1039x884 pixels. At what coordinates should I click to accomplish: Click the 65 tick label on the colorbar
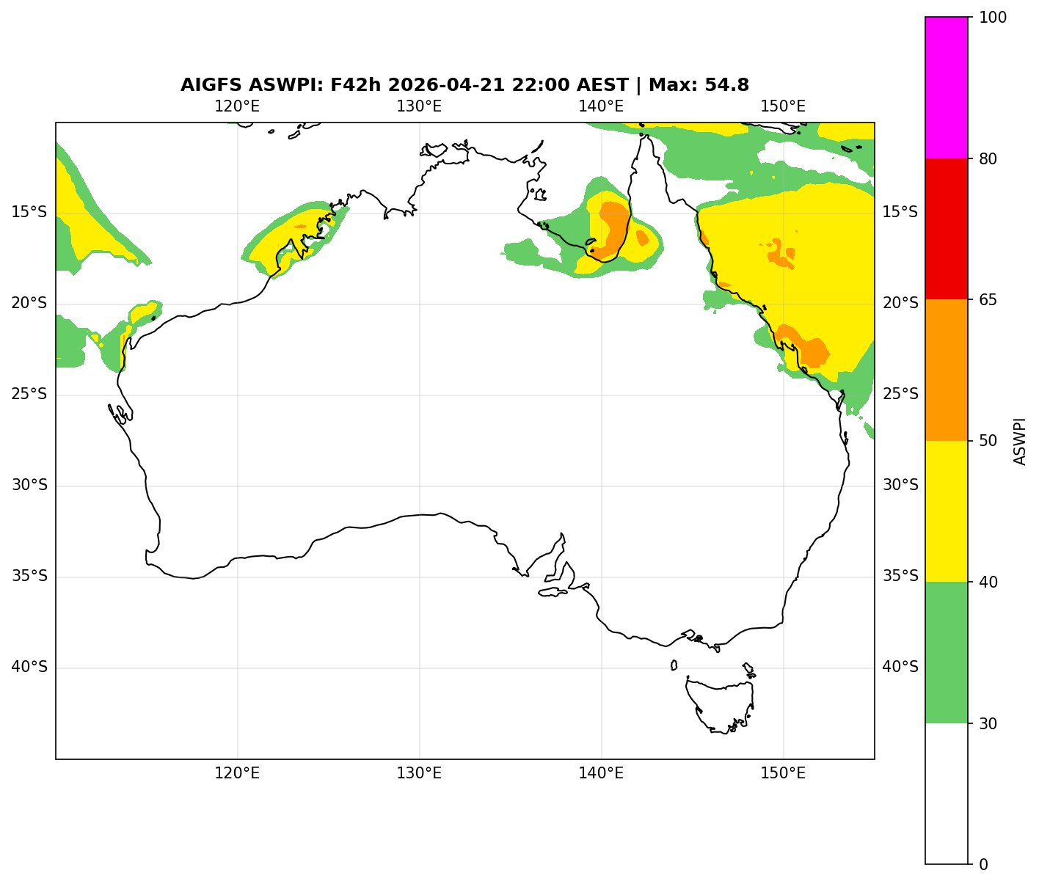coord(988,299)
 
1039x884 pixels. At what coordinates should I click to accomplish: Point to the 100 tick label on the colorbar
coord(991,17)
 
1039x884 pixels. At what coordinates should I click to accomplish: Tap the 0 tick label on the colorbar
coord(983,864)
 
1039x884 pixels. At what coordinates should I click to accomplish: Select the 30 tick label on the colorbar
coord(988,723)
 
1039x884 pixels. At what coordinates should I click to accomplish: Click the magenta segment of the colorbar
coord(947,87)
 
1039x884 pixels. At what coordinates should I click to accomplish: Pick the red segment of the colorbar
coord(947,229)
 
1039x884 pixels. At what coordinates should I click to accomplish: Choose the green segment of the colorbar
coord(947,652)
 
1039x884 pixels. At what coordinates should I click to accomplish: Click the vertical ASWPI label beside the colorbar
coord(1020,441)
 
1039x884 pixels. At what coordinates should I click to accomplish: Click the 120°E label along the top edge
coord(237,106)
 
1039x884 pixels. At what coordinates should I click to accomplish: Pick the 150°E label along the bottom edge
coord(783,773)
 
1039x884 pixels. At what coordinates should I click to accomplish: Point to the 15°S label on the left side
coord(29,213)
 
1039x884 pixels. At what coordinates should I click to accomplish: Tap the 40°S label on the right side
coord(900,668)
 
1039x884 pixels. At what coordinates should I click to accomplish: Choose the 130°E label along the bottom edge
coord(419,773)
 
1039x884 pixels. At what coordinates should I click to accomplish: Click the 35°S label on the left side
coord(29,577)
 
